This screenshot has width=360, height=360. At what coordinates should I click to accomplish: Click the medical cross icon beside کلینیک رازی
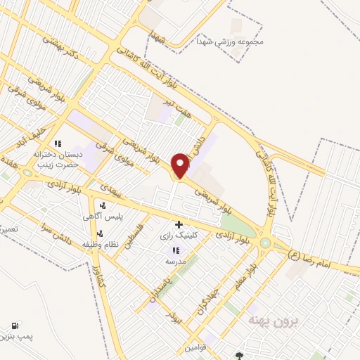pyautogui.click(x=179, y=224)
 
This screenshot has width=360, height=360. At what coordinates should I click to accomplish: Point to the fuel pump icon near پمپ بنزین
pyautogui.click(x=14, y=326)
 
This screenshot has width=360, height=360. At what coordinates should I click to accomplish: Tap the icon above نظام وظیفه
pyautogui.click(x=100, y=232)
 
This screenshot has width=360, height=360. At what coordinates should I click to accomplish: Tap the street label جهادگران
pyautogui.click(x=212, y=296)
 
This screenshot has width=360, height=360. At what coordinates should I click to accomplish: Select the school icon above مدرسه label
pyautogui.click(x=174, y=250)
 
